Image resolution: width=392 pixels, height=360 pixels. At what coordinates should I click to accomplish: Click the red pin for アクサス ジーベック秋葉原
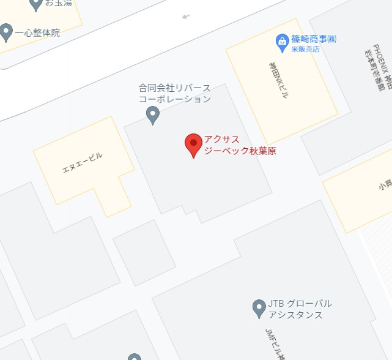coord(194,144)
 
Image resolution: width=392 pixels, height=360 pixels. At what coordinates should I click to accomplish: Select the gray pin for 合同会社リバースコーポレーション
coord(153,114)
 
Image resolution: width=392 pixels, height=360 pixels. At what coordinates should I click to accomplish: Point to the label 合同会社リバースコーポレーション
coord(175,93)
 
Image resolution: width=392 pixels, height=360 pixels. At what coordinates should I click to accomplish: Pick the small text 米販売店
coord(304,50)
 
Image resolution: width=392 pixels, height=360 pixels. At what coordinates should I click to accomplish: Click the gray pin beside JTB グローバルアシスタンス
coord(259,308)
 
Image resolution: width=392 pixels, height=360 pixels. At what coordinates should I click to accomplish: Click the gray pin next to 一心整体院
coord(7,31)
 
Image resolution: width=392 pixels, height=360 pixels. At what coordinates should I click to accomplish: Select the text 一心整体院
coord(37,33)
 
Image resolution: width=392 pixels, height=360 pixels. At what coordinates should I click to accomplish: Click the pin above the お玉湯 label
coord(36,3)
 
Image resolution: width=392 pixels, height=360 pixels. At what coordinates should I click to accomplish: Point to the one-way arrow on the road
coord(186,17)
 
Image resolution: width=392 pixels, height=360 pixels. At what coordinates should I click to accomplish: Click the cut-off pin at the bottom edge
coord(135,357)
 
